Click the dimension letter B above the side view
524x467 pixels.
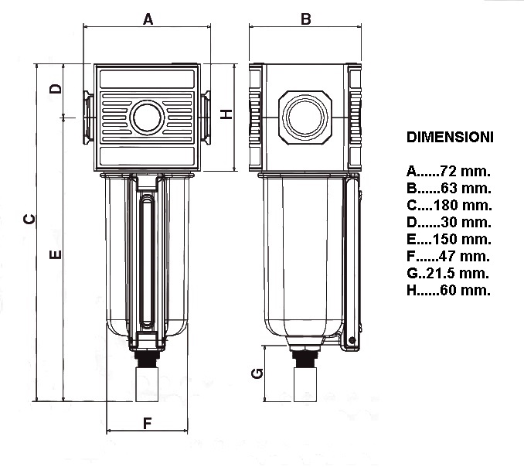tap(305, 19)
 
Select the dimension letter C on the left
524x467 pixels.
tap(29, 220)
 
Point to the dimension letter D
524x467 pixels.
tap(56, 88)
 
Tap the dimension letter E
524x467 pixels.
tap(56, 254)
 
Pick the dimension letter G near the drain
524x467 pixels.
tap(259, 374)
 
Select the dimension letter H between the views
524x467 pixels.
tap(226, 114)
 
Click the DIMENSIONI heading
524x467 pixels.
tap(449, 137)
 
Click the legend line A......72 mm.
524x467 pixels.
tap(448, 171)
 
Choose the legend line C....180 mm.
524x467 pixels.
tap(448, 205)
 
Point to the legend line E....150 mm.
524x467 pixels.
tap(448, 239)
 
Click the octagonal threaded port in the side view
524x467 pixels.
tap(305, 118)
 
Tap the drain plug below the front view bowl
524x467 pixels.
tap(147, 381)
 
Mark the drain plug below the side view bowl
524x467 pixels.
tap(305, 381)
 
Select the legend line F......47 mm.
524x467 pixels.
tap(448, 256)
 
